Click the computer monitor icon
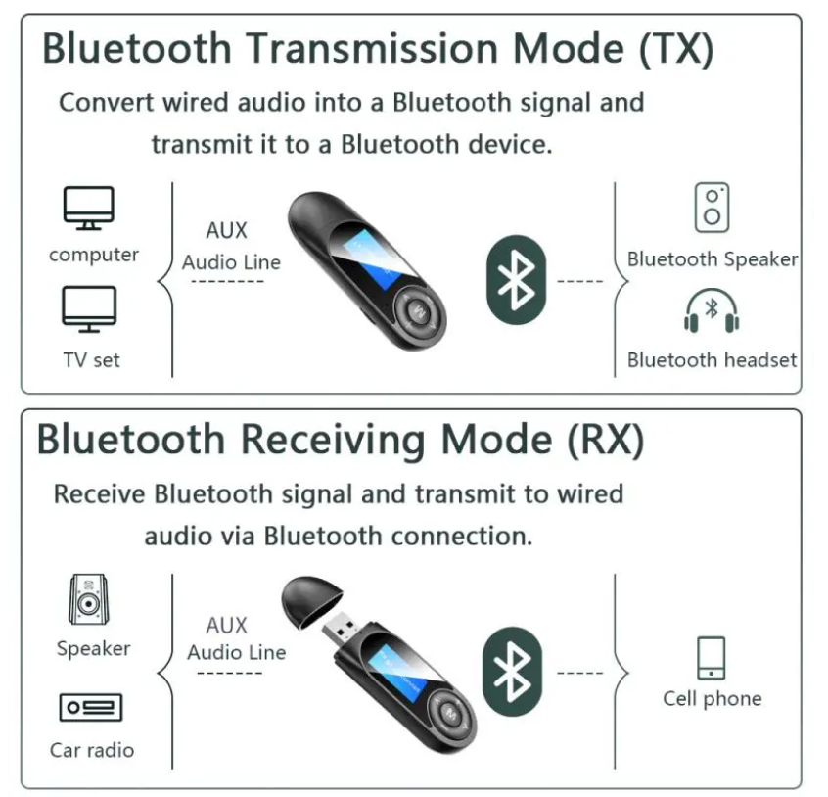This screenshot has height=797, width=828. click(89, 208)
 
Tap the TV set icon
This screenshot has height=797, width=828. click(89, 309)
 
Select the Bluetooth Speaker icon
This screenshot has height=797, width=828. click(712, 208)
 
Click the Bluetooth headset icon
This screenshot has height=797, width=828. click(712, 311)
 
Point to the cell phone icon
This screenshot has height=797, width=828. click(711, 658)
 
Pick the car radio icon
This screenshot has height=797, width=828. click(91, 707)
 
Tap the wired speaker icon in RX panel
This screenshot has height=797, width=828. click(89, 599)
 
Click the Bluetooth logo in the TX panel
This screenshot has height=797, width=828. click(516, 279)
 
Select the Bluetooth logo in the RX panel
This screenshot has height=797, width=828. click(512, 672)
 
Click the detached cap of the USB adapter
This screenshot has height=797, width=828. click(311, 601)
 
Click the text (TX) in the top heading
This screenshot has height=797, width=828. click(676, 49)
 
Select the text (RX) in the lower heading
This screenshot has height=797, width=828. click(606, 440)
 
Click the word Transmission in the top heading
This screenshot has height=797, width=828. click(373, 48)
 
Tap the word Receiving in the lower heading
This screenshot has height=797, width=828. click(333, 441)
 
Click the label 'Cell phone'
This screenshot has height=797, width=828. click(713, 698)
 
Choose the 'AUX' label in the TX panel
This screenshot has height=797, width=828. click(226, 230)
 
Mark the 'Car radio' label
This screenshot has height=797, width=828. click(92, 750)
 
